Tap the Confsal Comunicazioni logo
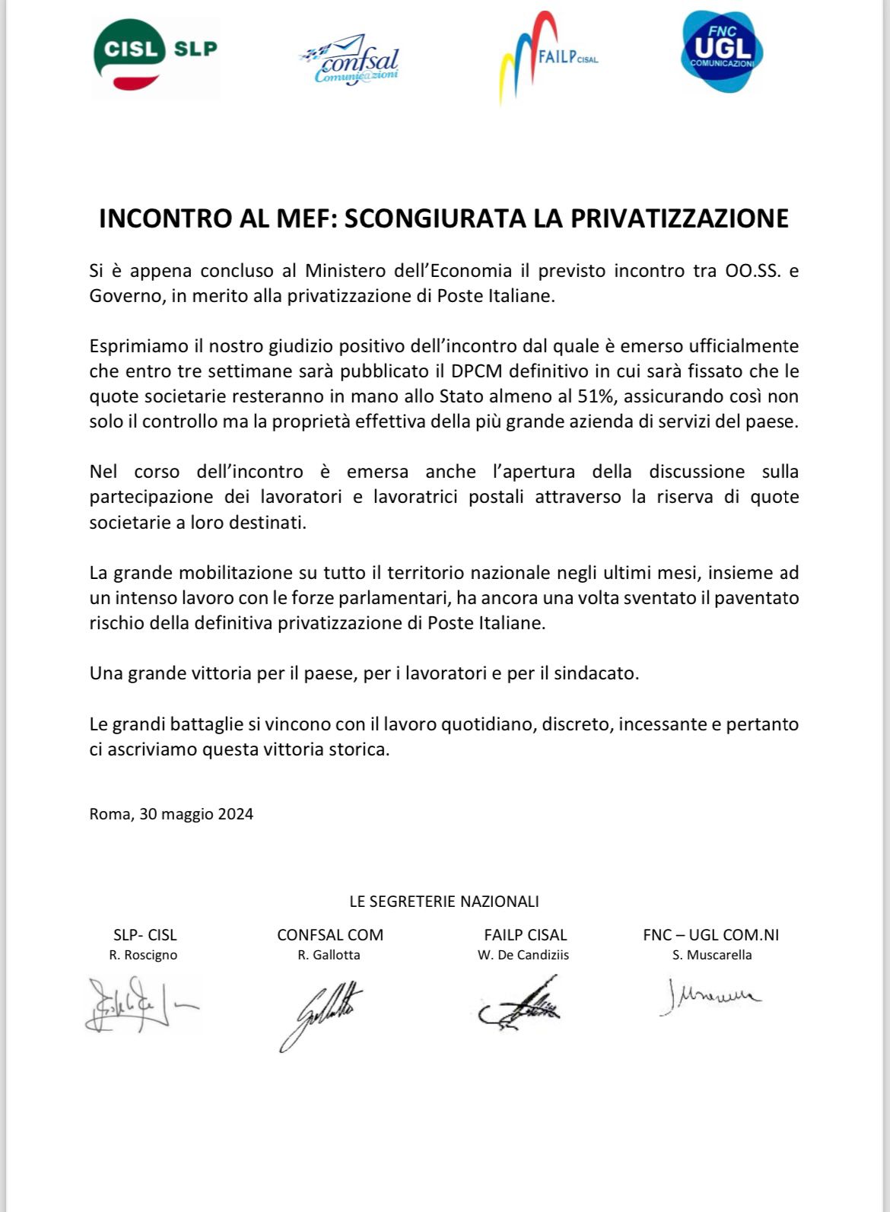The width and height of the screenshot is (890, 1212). pyautogui.click(x=351, y=59)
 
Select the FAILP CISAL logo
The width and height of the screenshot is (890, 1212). pyautogui.click(x=546, y=57)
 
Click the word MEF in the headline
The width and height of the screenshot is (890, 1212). pyautogui.click(x=307, y=218)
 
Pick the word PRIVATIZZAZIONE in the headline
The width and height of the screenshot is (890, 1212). pyautogui.click(x=679, y=218)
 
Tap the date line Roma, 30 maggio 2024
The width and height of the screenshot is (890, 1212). pyautogui.click(x=171, y=814)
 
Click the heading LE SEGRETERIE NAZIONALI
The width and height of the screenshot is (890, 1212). pyautogui.click(x=444, y=902)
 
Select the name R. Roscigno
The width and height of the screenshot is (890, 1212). pyautogui.click(x=144, y=955)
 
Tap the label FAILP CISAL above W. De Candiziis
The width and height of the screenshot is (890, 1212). pyautogui.click(x=525, y=935)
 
